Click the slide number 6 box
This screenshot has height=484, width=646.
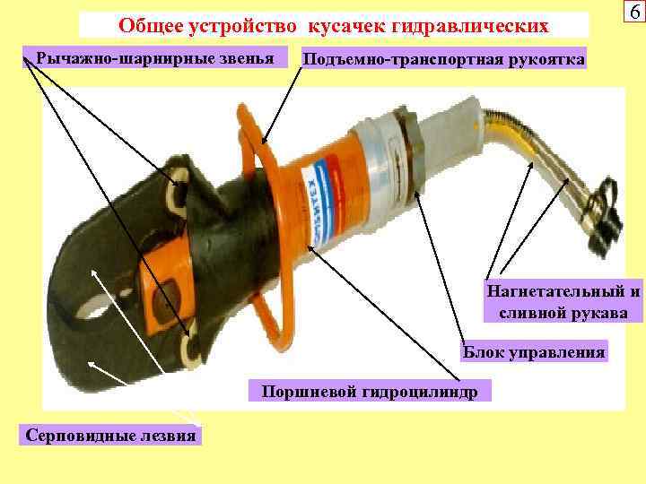634,12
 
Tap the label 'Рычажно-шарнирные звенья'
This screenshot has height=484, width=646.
155,58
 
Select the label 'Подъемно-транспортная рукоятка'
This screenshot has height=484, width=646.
444,59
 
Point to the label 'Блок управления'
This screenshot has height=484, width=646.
534,352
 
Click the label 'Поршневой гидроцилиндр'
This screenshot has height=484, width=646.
370,391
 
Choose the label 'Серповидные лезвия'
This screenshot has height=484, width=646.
110,435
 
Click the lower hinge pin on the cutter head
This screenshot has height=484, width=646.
191,349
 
